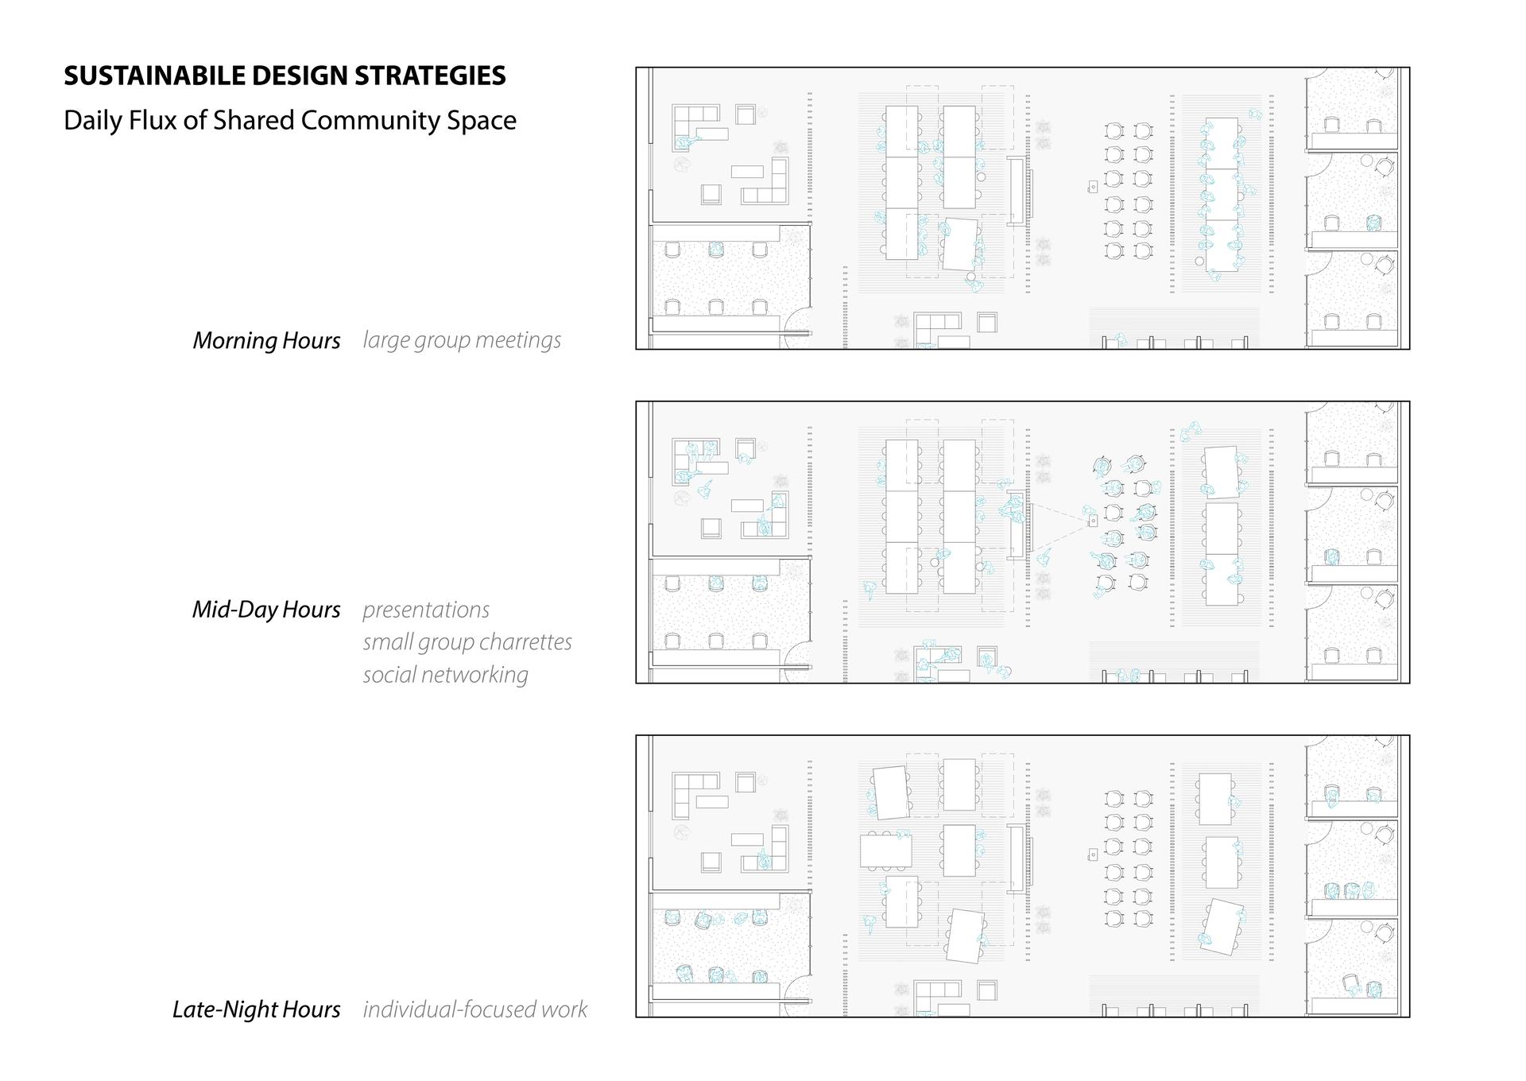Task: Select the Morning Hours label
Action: point(266,340)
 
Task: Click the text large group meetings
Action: point(462,340)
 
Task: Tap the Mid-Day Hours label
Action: point(266,610)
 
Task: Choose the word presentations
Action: point(426,610)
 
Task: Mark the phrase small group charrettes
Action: point(467,642)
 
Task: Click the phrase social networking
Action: point(446,675)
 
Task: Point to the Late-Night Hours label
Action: point(257,1009)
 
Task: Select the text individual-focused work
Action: point(475,1009)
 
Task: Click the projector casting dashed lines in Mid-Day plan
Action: point(1093,521)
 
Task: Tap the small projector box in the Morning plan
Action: point(1093,187)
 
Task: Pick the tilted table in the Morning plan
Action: point(960,244)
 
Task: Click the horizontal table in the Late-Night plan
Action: point(885,850)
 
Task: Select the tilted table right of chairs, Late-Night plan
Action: point(1222,927)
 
